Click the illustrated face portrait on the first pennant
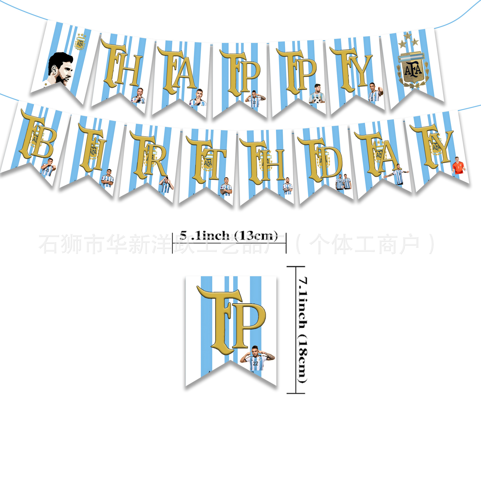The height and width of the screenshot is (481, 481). coord(60,69)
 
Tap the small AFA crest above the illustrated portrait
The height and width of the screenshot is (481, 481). coord(80,43)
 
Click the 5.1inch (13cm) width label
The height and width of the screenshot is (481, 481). coord(229,235)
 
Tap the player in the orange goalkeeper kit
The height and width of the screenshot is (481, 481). coord(458,166)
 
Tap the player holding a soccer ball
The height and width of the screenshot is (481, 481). coord(317,94)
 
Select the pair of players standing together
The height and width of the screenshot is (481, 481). coord(343,181)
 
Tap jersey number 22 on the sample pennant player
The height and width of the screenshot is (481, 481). coord(256,364)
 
